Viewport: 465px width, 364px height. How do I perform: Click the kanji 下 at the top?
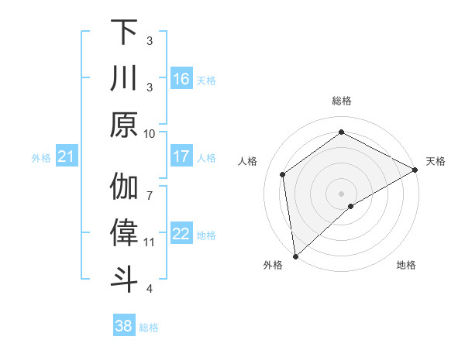pos(124,33)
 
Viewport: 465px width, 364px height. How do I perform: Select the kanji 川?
pos(124,79)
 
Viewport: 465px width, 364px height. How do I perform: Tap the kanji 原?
pos(124,124)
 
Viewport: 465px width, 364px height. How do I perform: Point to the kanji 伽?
pos(124,187)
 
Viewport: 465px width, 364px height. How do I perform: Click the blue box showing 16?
pos(181,78)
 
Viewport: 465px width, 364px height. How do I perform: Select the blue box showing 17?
pos(181,156)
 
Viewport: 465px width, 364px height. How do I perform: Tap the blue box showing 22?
pos(181,234)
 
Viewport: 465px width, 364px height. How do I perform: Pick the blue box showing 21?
pos(67,157)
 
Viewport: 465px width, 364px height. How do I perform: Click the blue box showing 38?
pos(124,326)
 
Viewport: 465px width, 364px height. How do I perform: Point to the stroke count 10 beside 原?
pos(150,133)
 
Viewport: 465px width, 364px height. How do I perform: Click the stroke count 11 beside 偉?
pos(150,242)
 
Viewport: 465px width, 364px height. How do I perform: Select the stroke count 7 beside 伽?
pos(150,187)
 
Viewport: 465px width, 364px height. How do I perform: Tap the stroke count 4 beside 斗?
pos(150,289)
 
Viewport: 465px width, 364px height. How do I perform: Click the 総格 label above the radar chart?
pos(342,101)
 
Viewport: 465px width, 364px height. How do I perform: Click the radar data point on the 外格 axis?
pos(295,256)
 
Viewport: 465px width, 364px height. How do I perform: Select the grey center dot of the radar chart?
pos(342,193)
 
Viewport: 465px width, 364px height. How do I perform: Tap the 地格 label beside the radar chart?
pos(406,266)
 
